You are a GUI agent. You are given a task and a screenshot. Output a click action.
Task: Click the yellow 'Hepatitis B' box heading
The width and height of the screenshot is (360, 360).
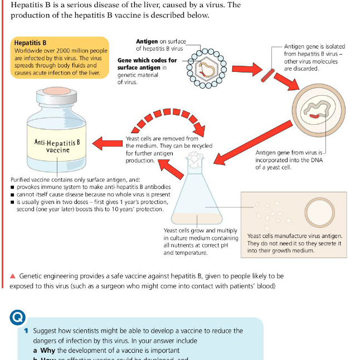coord(30,42)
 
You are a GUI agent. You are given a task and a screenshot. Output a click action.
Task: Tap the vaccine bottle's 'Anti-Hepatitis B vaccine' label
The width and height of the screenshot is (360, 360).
coord(57,146)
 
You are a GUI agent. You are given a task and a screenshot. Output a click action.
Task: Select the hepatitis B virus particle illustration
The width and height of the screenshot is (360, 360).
coord(206,67)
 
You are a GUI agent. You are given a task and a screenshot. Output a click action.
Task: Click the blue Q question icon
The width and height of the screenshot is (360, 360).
coord(17,317)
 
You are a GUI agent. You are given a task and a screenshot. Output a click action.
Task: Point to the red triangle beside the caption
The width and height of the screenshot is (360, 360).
coord(13,276)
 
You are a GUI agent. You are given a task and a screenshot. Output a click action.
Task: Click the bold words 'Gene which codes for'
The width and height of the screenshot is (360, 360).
coord(147,60)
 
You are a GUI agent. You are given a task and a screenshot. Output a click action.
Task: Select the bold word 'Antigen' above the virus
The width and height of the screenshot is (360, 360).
coord(148,42)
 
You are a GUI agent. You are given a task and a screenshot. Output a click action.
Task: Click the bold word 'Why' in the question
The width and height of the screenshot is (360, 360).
coord(48,350)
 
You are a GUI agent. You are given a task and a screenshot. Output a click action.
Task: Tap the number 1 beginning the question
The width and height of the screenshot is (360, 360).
coord(26,330)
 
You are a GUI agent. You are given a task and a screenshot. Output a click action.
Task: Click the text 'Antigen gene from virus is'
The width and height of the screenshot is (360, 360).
coord(288,152)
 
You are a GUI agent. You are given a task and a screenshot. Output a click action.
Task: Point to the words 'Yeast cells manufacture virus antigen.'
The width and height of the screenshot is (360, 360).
coord(294,236)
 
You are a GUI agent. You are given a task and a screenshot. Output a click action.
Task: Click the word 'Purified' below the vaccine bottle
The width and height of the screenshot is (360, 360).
coord(23,179)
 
